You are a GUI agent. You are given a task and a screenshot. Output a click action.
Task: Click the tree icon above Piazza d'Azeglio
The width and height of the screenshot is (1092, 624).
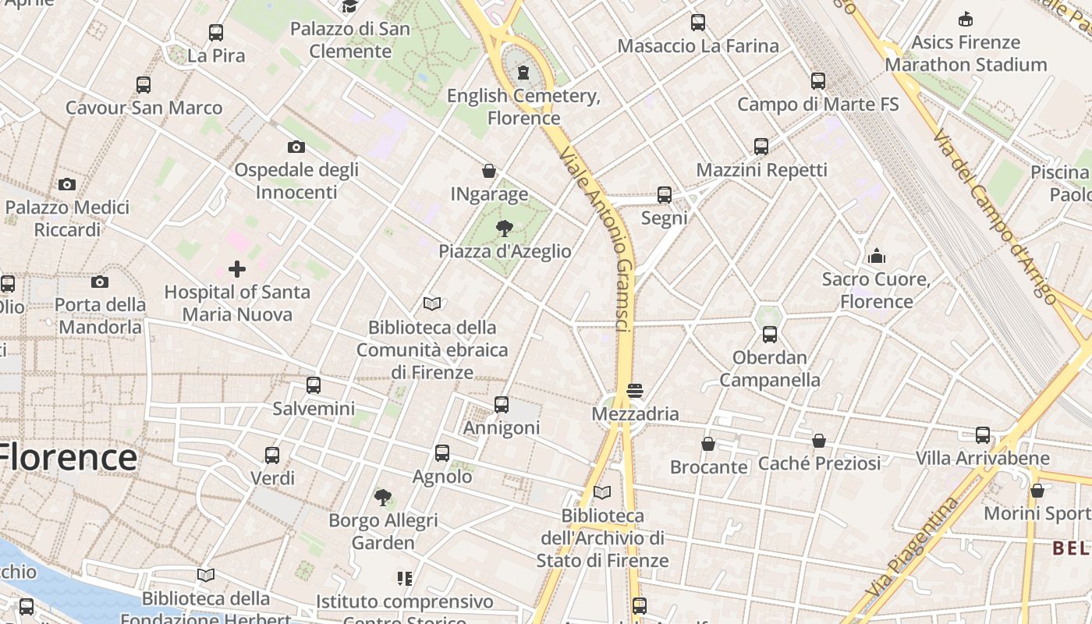point(505,229)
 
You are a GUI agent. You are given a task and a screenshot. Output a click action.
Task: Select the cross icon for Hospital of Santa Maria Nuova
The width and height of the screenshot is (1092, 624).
point(237,270)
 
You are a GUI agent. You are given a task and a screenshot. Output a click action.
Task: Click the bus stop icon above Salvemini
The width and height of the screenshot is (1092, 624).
point(314,385)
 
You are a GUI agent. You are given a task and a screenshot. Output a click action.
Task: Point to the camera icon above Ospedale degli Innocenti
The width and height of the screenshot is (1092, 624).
point(296,147)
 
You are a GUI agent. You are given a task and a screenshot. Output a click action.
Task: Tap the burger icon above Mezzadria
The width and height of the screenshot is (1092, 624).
point(635,390)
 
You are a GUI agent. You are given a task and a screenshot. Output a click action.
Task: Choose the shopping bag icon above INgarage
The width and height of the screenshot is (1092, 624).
point(489,171)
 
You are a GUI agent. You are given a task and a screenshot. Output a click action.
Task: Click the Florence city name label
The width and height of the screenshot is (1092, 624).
point(69,457)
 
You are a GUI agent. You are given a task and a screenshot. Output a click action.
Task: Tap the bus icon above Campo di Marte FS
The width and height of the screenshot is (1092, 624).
point(818,81)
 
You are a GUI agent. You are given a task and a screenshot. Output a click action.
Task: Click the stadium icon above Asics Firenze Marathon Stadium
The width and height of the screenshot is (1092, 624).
point(966,19)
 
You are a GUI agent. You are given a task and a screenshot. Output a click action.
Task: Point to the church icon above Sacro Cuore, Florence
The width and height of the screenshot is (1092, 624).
point(877,256)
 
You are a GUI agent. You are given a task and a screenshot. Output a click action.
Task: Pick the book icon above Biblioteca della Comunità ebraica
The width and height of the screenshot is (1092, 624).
point(432,303)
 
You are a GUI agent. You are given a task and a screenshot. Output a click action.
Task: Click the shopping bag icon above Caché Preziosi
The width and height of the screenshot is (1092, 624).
point(819,441)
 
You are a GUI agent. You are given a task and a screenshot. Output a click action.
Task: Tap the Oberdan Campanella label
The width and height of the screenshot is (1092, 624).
point(770,369)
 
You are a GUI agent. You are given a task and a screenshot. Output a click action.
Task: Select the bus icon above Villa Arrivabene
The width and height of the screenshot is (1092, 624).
point(983,434)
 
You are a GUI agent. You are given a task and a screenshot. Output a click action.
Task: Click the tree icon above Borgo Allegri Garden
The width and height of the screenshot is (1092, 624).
point(383,497)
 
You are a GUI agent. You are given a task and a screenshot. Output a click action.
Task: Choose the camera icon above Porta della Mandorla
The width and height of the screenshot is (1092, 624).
point(100,282)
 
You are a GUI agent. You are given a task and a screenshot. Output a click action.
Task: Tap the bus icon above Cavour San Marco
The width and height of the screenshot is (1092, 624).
point(144,85)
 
